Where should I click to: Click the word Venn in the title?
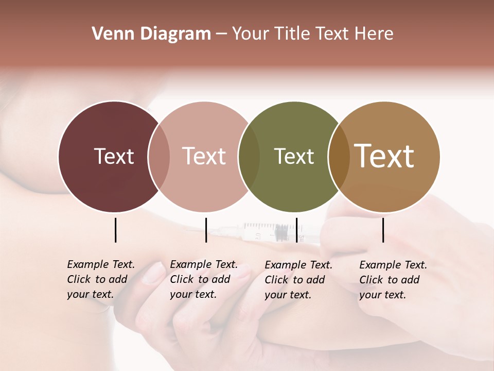[x=109, y=34]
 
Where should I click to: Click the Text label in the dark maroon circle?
[x=114, y=156]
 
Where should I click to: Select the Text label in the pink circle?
[x=204, y=156]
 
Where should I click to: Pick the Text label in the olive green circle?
[x=294, y=156]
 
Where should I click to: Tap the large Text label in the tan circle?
[x=384, y=156]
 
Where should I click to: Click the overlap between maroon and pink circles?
[x=159, y=157]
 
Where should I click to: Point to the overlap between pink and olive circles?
[x=249, y=157]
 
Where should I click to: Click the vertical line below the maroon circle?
[x=116, y=230]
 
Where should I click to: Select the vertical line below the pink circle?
[x=206, y=230]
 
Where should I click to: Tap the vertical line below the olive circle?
[x=296, y=230]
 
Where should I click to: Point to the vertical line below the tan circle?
[x=383, y=230]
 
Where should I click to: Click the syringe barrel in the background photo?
[x=265, y=231]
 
